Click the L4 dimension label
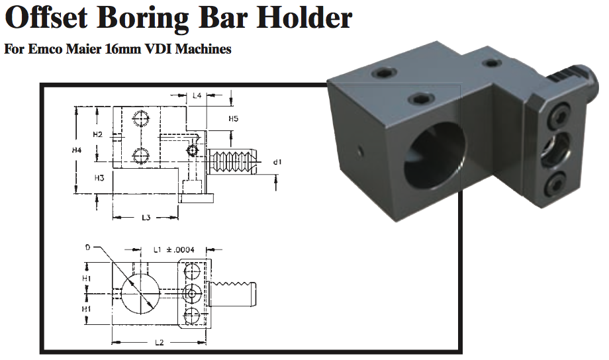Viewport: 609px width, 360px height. coord(197,96)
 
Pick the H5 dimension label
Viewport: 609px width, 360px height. coord(233,119)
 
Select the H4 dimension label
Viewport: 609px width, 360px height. coord(77,151)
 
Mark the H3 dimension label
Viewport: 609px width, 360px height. coord(99,178)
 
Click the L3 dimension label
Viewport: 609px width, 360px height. coord(146,218)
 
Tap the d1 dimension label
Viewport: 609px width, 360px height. coord(277,161)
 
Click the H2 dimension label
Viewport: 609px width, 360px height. coord(97,134)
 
